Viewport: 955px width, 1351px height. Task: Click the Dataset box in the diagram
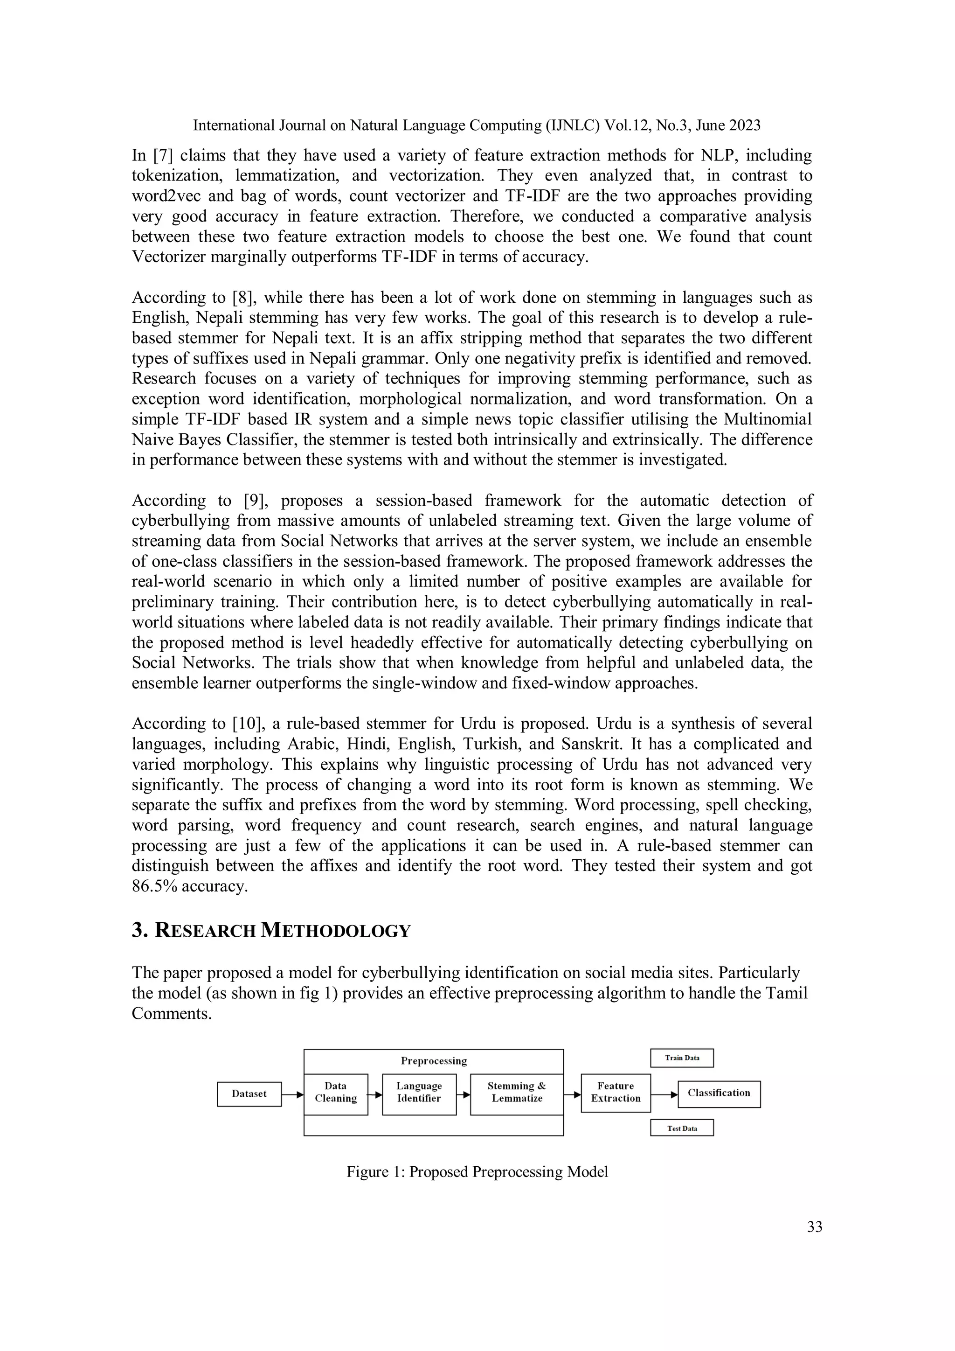click(249, 1094)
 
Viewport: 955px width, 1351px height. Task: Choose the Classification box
click(719, 1093)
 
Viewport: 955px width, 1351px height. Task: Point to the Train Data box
click(682, 1058)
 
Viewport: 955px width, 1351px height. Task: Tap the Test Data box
click(682, 1128)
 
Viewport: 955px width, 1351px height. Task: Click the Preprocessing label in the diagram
click(433, 1061)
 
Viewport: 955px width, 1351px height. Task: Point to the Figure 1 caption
click(477, 1171)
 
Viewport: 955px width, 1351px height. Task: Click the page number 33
click(815, 1227)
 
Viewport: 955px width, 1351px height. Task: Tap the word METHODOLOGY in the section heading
click(335, 931)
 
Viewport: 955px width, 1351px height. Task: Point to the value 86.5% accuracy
click(189, 886)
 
